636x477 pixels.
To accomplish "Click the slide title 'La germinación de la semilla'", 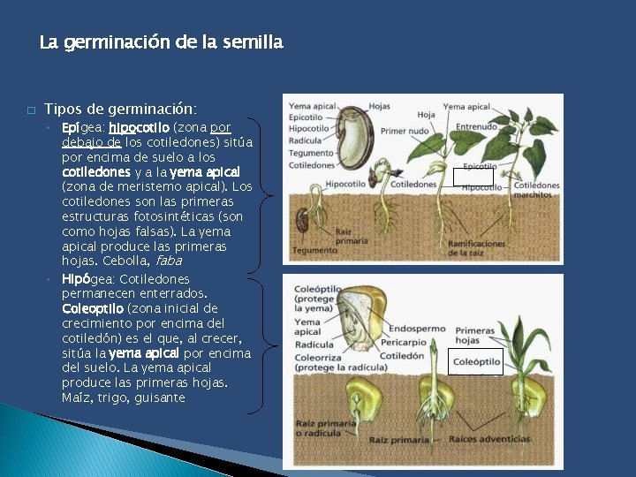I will (162, 42).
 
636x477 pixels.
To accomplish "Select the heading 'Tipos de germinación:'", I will (120, 110).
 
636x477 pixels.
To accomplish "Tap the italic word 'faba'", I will (168, 261).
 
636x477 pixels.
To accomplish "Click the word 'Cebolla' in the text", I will (125, 261).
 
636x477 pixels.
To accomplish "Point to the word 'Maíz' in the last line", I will (75, 397).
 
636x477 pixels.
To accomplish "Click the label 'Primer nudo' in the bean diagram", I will (405, 131).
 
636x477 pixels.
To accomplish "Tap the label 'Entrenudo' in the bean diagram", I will (476, 127).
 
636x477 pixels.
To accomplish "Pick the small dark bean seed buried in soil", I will (303, 218).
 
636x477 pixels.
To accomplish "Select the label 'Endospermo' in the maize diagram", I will (417, 329).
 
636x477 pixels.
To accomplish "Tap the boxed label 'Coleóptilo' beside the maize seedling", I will (476, 362).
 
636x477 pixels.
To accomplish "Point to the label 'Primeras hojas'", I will (474, 335).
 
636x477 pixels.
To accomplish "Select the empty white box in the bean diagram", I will (466, 177).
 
